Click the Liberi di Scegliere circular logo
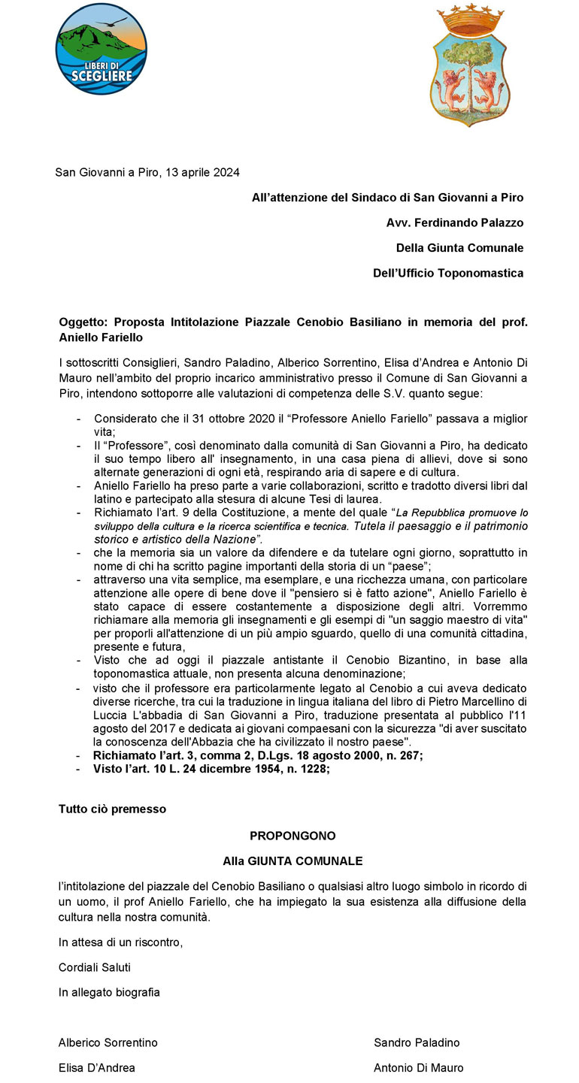pos(101,49)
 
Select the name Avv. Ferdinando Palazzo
pos(455,222)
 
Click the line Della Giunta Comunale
pos(459,248)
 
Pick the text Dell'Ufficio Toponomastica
pos(448,273)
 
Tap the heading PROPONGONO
pos(293,836)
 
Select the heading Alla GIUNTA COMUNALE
pos(293,861)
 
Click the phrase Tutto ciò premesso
pos(112,809)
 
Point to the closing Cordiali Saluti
pos(95,967)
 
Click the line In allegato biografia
pos(109,992)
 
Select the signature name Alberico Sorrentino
pos(108,1042)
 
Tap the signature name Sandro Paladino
pos(417,1042)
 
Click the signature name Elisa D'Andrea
pos(97,1067)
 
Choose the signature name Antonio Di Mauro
pos(419,1067)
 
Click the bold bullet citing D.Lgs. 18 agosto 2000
pos(257,756)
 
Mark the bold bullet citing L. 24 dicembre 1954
pos(211,769)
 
